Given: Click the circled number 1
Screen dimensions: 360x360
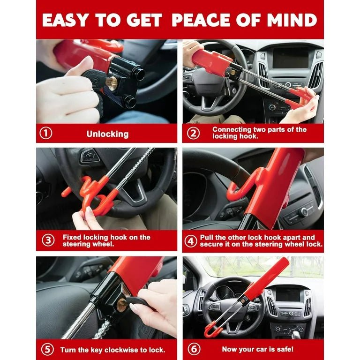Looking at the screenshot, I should click(x=45, y=134).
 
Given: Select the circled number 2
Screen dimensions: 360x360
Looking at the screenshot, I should click(x=193, y=133).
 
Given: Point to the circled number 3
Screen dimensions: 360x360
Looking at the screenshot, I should click(x=48, y=241).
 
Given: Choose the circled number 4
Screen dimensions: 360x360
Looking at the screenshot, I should click(x=190, y=241).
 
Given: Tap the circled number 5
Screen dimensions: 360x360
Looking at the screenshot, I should click(x=47, y=349).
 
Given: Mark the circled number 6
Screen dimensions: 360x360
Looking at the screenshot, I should click(x=193, y=349).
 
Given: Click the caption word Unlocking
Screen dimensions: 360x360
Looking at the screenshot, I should click(x=107, y=134).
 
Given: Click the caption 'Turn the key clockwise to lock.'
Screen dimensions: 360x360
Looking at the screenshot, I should click(x=112, y=350).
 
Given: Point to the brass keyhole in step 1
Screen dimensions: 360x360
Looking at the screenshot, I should click(x=112, y=83).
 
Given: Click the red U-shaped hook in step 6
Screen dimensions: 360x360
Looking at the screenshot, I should click(x=213, y=328).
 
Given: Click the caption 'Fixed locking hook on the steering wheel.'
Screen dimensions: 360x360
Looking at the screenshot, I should click(x=106, y=241).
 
